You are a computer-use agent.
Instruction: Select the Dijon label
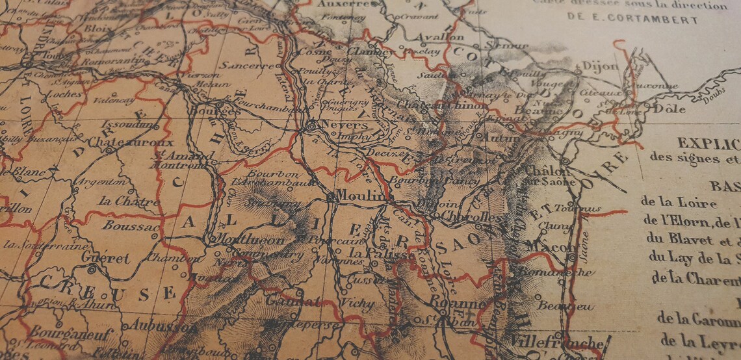tap(599, 66)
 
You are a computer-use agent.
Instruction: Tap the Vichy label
tap(357, 303)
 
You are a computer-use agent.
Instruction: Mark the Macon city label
tap(541, 247)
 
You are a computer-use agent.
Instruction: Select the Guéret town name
tap(105, 258)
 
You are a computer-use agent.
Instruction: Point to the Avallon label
tap(440, 37)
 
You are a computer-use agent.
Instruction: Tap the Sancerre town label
tap(246, 66)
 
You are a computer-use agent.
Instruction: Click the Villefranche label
tap(556, 342)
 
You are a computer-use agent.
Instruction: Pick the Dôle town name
tap(669, 109)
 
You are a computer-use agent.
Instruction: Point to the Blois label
tap(97, 29)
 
